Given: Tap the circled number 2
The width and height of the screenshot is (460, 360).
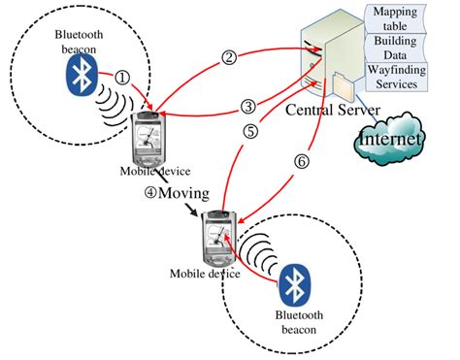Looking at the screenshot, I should (x=229, y=56).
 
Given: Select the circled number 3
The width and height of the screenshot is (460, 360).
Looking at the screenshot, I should (x=248, y=106).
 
